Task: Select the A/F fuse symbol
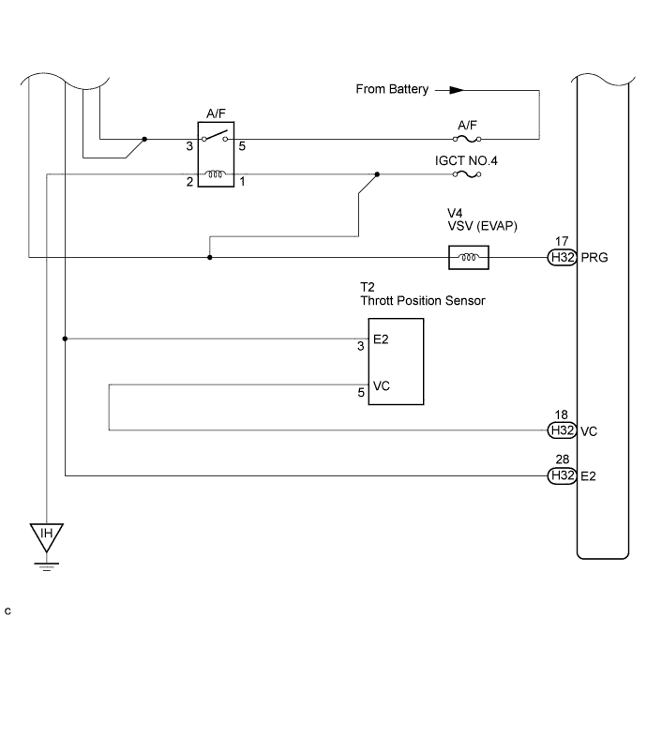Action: tap(467, 139)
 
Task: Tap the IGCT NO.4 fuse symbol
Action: tap(467, 174)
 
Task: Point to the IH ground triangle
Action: tap(47, 537)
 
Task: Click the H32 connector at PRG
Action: tap(563, 258)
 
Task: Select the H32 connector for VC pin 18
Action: tap(563, 430)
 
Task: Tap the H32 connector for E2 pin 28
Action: tap(563, 475)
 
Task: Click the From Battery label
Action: tap(392, 89)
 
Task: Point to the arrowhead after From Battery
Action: tap(457, 90)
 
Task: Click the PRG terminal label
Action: tap(594, 258)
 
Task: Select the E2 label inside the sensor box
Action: tap(381, 339)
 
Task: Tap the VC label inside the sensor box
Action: tap(381, 386)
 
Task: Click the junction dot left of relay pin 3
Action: tap(144, 139)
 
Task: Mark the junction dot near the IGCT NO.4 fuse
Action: tap(377, 174)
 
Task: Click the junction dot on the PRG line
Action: tap(210, 258)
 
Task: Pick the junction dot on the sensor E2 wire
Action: tap(65, 339)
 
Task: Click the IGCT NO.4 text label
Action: tap(466, 160)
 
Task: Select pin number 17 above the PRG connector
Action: tap(562, 241)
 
